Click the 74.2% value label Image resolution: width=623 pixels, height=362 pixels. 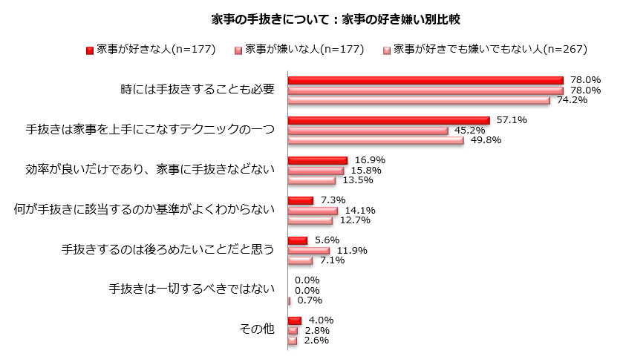(x=573, y=100)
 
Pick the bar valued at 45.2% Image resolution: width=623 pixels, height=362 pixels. (x=368, y=131)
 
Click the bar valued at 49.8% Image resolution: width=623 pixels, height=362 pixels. (x=375, y=140)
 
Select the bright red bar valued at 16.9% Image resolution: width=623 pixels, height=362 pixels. (x=317, y=160)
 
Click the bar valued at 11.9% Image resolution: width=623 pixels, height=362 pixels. (x=308, y=250)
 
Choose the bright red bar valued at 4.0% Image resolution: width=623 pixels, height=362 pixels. (x=294, y=320)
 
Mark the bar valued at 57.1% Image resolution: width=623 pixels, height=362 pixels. (x=388, y=120)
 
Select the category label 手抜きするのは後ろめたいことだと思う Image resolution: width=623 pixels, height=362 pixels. (x=168, y=250)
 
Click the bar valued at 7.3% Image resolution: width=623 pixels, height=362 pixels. (x=300, y=200)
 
